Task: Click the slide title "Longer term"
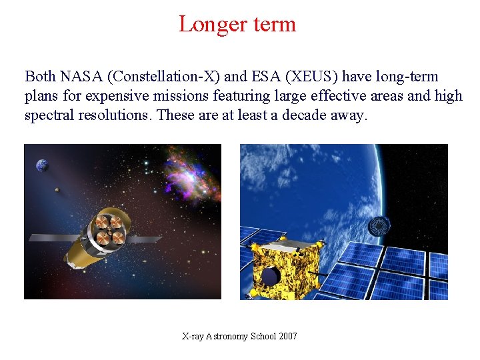[x=237, y=24]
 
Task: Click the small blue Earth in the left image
[x=43, y=165]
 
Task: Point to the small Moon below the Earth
[x=57, y=190]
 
